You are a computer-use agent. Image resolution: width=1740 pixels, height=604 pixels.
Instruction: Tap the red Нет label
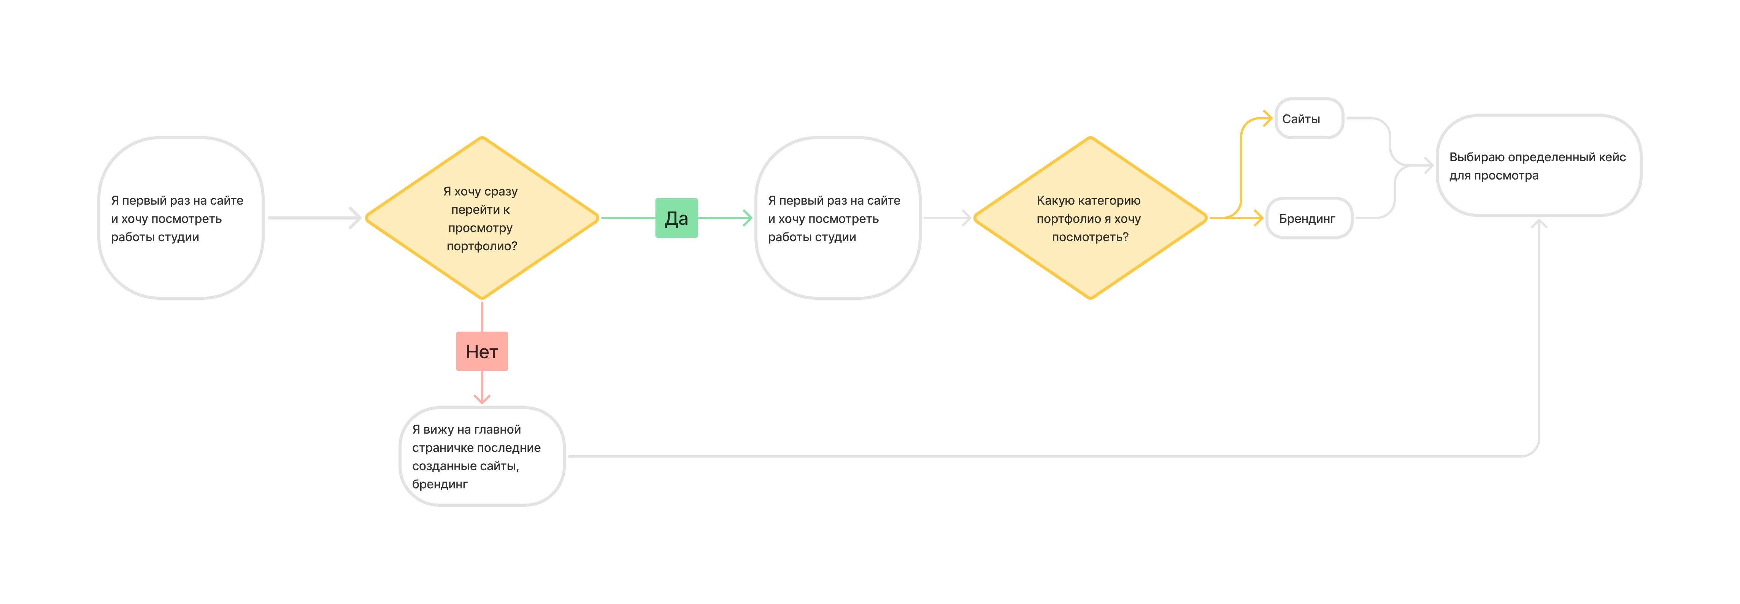[x=482, y=351]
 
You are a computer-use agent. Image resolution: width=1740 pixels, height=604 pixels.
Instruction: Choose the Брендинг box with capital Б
[x=1308, y=218]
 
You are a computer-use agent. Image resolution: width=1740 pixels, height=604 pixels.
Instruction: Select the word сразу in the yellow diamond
[x=500, y=192]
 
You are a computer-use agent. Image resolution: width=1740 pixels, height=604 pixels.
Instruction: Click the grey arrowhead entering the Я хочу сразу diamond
[x=356, y=218]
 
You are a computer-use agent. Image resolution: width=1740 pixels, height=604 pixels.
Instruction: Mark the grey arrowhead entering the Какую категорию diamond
[x=967, y=218]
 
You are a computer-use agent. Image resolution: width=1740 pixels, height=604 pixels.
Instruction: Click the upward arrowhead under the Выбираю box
[x=1539, y=224]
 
